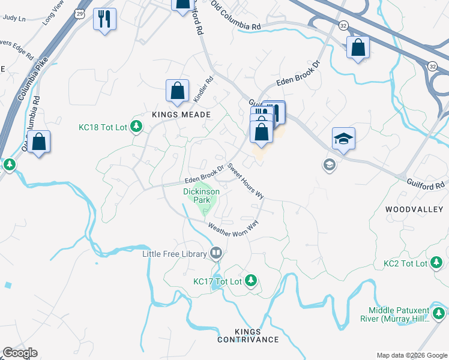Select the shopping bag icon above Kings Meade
click(178, 92)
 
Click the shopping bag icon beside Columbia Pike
click(39, 142)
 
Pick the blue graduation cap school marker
click(343, 139)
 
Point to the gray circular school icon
click(329, 164)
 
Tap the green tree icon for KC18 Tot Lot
click(137, 126)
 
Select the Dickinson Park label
click(201, 196)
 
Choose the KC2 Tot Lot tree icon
click(437, 263)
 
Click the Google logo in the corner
click(20, 353)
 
